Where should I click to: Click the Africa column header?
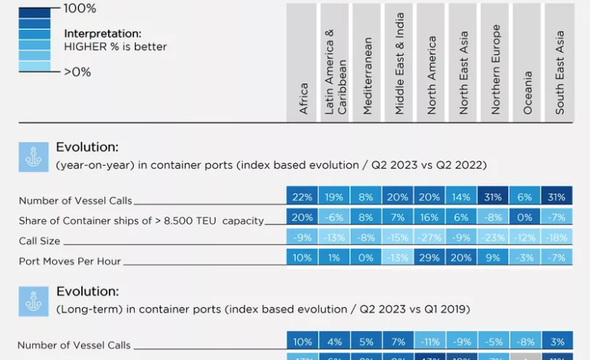click(x=303, y=99)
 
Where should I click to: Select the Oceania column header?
click(x=528, y=93)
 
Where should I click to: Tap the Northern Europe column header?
click(x=496, y=70)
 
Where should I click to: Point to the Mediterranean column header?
click(x=368, y=77)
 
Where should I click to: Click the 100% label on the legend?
click(x=80, y=8)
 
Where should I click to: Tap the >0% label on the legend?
click(x=77, y=72)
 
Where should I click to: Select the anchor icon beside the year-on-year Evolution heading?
click(x=33, y=157)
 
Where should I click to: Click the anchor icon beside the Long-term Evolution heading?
click(x=33, y=301)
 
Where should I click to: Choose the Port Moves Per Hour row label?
click(x=70, y=261)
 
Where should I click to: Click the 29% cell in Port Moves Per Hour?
click(x=431, y=258)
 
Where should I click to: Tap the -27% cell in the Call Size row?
click(x=431, y=237)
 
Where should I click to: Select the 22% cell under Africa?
click(x=303, y=197)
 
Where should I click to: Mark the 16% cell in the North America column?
click(x=431, y=218)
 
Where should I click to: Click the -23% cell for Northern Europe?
click(x=493, y=237)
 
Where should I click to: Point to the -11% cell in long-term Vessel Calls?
click(x=431, y=342)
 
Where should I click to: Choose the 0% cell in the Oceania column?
click(x=526, y=218)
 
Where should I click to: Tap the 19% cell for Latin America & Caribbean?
click(x=335, y=197)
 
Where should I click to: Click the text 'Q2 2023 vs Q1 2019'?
click(x=418, y=309)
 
